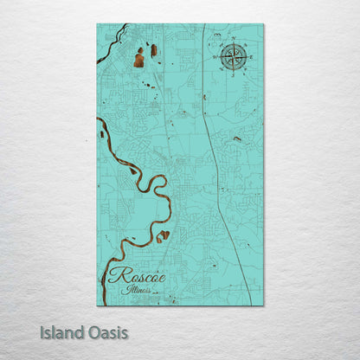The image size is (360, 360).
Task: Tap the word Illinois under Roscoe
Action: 137,291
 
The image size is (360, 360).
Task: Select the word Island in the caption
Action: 64,332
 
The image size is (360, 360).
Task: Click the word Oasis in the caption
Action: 107,332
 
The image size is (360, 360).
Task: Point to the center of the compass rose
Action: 232,58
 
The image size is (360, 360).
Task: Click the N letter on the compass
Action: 232,40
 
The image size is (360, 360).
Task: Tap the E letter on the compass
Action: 249,58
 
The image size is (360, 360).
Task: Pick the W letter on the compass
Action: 215,58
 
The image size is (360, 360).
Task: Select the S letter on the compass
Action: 232,76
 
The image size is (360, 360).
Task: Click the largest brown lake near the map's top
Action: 139,59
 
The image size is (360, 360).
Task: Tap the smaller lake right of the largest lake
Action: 154,50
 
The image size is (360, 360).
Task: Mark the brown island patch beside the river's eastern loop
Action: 163,234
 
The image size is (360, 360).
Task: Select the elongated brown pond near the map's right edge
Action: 237,138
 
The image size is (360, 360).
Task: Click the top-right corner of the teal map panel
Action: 263,24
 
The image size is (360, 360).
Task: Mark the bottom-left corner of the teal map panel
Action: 97,305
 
